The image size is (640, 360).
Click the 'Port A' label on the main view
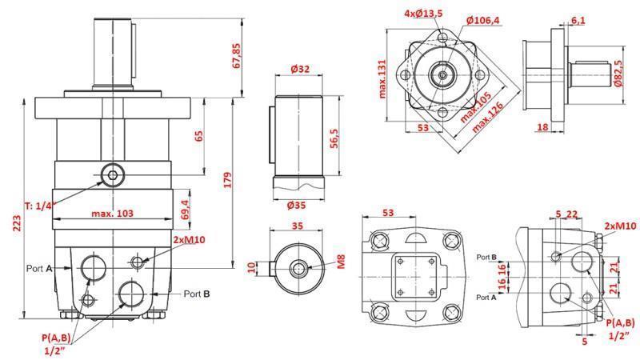(39, 268)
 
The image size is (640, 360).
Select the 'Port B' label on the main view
(197, 294)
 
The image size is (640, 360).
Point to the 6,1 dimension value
(578, 19)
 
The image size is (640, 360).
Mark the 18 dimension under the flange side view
(542, 126)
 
